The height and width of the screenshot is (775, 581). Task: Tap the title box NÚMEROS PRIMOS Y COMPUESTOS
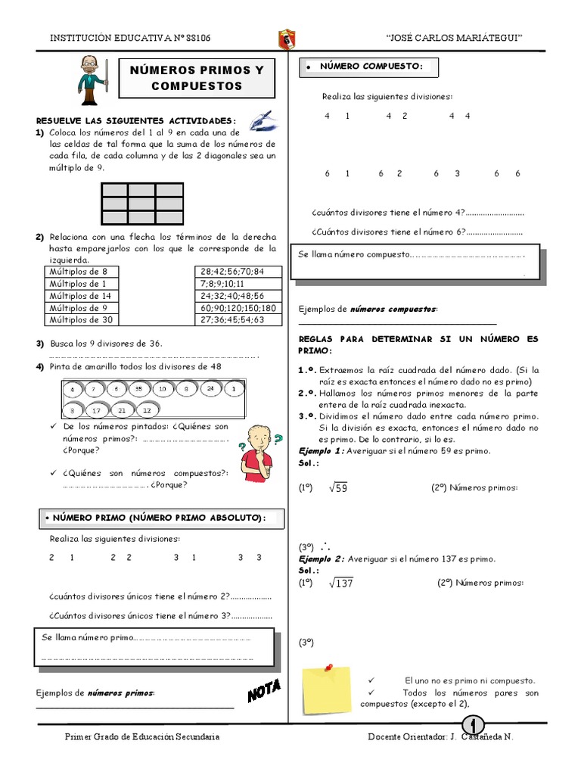pyautogui.click(x=197, y=78)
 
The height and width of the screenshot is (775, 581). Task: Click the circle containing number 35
pyautogui.click(x=138, y=389)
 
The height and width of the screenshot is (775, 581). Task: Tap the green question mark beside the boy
pyautogui.click(x=278, y=438)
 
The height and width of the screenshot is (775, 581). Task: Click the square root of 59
pyautogui.click(x=337, y=488)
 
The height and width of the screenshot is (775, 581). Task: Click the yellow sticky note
pyautogui.click(x=325, y=690)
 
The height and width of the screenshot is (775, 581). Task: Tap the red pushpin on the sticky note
pyautogui.click(x=329, y=667)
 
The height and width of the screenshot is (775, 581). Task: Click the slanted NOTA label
pyautogui.click(x=265, y=689)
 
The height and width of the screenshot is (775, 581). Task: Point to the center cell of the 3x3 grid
pyautogui.click(x=142, y=203)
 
